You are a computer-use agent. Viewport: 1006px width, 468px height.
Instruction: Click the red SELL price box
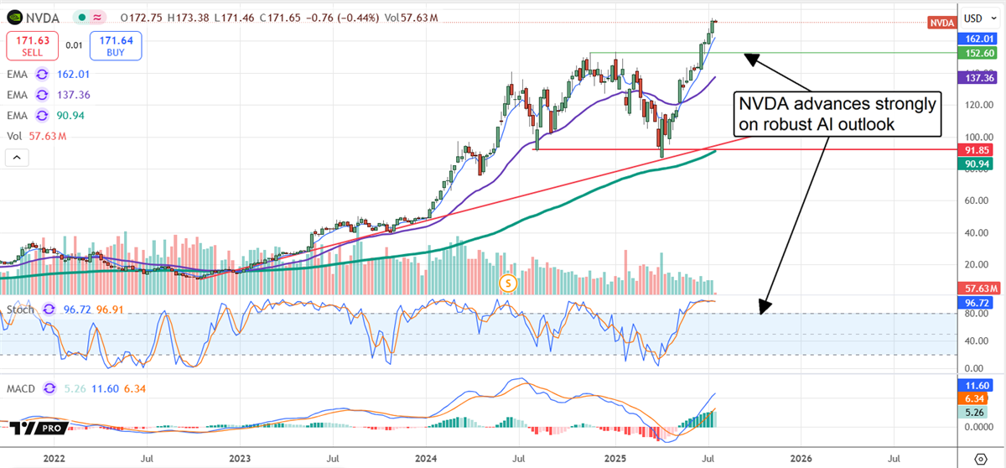34,45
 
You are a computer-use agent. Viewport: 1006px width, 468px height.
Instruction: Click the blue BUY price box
117,45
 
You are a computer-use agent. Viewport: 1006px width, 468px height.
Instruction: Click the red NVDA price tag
942,23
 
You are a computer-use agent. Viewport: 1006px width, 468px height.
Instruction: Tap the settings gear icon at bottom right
980,459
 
